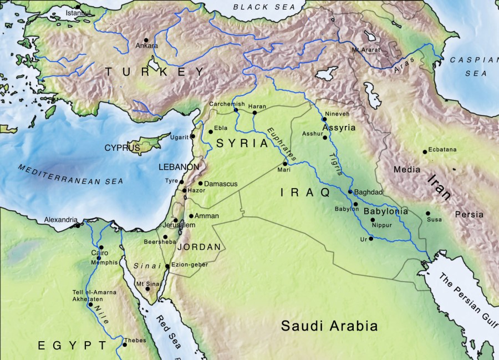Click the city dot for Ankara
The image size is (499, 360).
pyautogui.click(x=146, y=40)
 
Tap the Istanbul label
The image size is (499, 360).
pyautogui.click(x=77, y=12)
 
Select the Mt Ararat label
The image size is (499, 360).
pyautogui.click(x=363, y=50)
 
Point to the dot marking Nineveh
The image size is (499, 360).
pyautogui.click(x=324, y=119)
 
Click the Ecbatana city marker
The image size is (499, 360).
pyautogui.click(x=425, y=151)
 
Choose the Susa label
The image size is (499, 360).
pyautogui.click(x=435, y=220)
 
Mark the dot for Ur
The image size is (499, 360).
pyautogui.click(x=370, y=239)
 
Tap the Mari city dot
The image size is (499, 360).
pyautogui.click(x=285, y=164)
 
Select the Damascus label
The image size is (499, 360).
pyautogui.click(x=221, y=184)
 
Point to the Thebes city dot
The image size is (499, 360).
pyautogui.click(x=125, y=344)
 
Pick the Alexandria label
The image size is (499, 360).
pyautogui.click(x=61, y=220)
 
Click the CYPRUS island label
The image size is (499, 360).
pyautogui.click(x=122, y=148)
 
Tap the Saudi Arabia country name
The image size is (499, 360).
pyautogui.click(x=329, y=326)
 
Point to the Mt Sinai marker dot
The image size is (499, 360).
pyautogui.click(x=147, y=288)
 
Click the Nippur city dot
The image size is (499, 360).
pyautogui.click(x=373, y=220)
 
